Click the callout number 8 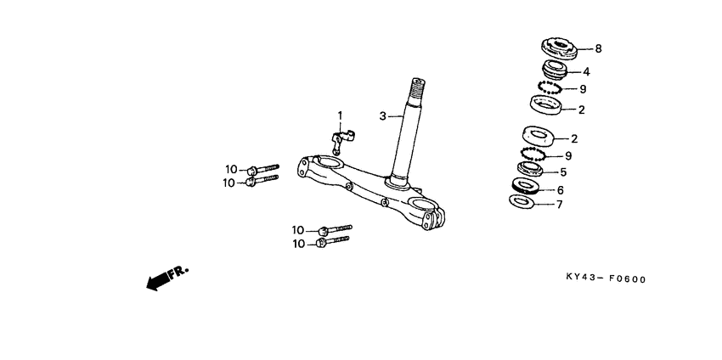tap(598, 48)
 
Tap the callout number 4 tap(586, 72)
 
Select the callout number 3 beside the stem tap(382, 116)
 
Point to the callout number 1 tap(341, 115)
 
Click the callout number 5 tap(563, 172)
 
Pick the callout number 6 tap(560, 189)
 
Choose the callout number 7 tap(560, 205)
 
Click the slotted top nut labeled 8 tap(559, 48)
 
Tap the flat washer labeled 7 tap(522, 200)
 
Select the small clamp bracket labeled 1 tap(342, 139)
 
